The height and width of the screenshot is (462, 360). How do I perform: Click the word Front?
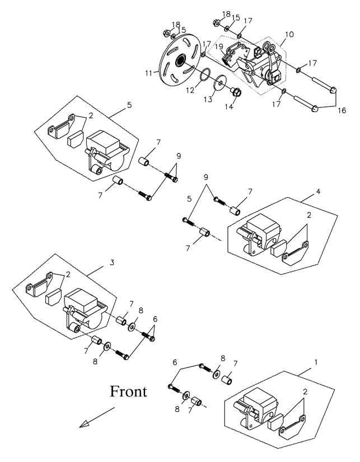[x=128, y=391]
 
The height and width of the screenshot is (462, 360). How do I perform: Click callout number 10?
[x=288, y=35]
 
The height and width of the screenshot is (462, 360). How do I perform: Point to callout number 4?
[x=317, y=192]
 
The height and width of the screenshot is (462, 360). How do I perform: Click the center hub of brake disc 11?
[x=183, y=60]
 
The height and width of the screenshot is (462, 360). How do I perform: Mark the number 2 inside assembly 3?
[x=68, y=274]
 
